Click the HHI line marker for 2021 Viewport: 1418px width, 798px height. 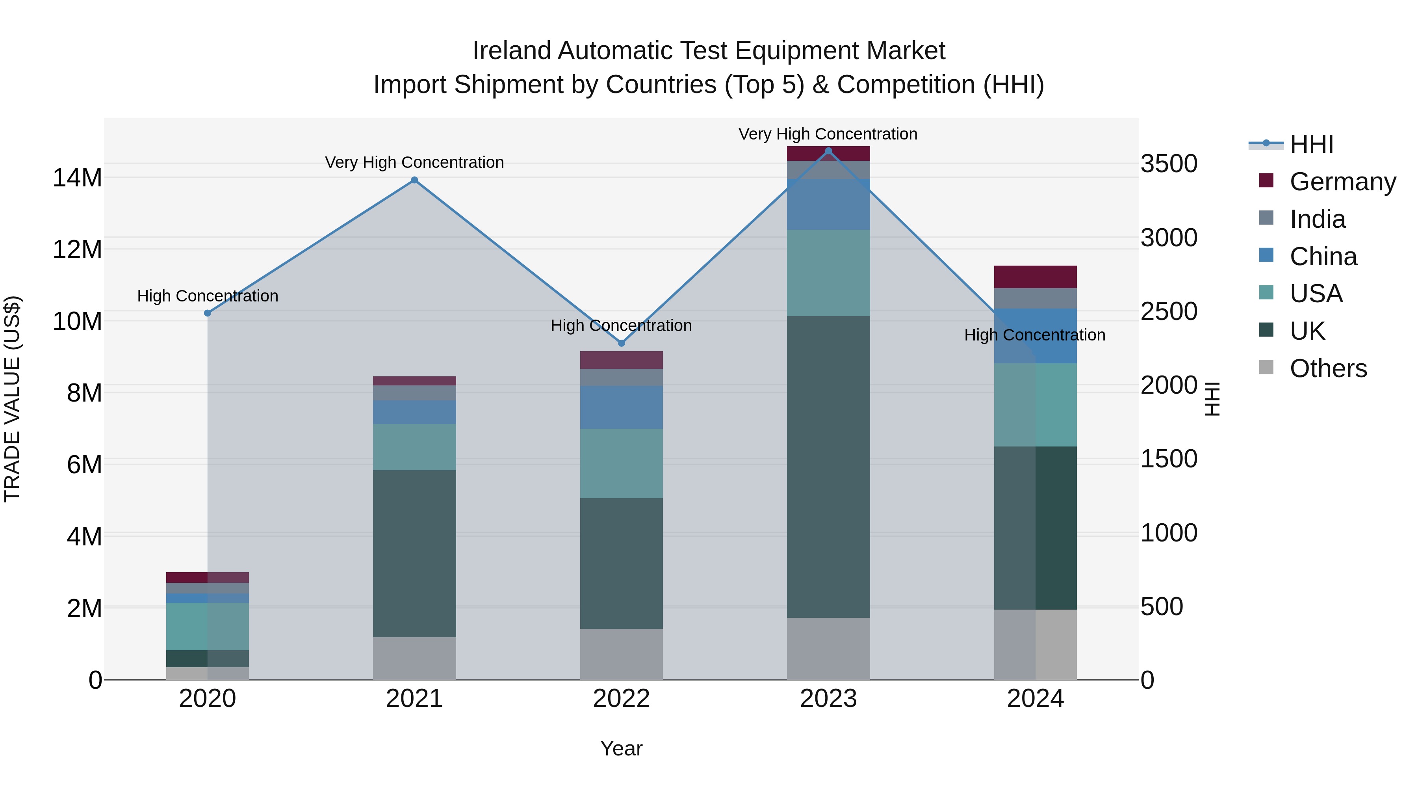(x=414, y=180)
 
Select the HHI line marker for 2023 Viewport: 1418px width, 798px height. (x=828, y=151)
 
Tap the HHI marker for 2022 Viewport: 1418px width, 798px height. (x=622, y=343)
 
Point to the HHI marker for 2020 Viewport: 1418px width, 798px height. (x=208, y=313)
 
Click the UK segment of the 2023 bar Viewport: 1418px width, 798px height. (x=828, y=467)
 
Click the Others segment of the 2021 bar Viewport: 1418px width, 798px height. (x=414, y=658)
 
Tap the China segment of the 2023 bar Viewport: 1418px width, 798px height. (x=828, y=204)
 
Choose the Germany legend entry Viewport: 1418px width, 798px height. (x=1342, y=182)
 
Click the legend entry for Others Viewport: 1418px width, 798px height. (x=1328, y=368)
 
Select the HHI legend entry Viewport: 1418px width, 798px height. (x=1311, y=144)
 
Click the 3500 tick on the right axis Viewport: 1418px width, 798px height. (x=1169, y=164)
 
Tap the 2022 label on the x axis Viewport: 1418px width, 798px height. (x=622, y=699)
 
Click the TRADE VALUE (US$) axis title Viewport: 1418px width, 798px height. (x=13, y=399)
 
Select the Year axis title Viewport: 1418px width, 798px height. (x=622, y=748)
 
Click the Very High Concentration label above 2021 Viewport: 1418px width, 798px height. (x=414, y=162)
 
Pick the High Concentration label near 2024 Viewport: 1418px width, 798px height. (x=1035, y=335)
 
